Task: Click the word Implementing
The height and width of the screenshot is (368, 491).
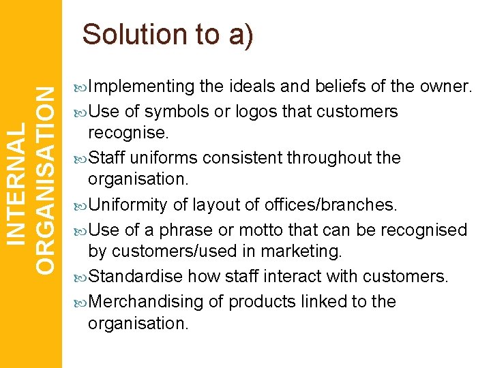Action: [141, 87]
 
